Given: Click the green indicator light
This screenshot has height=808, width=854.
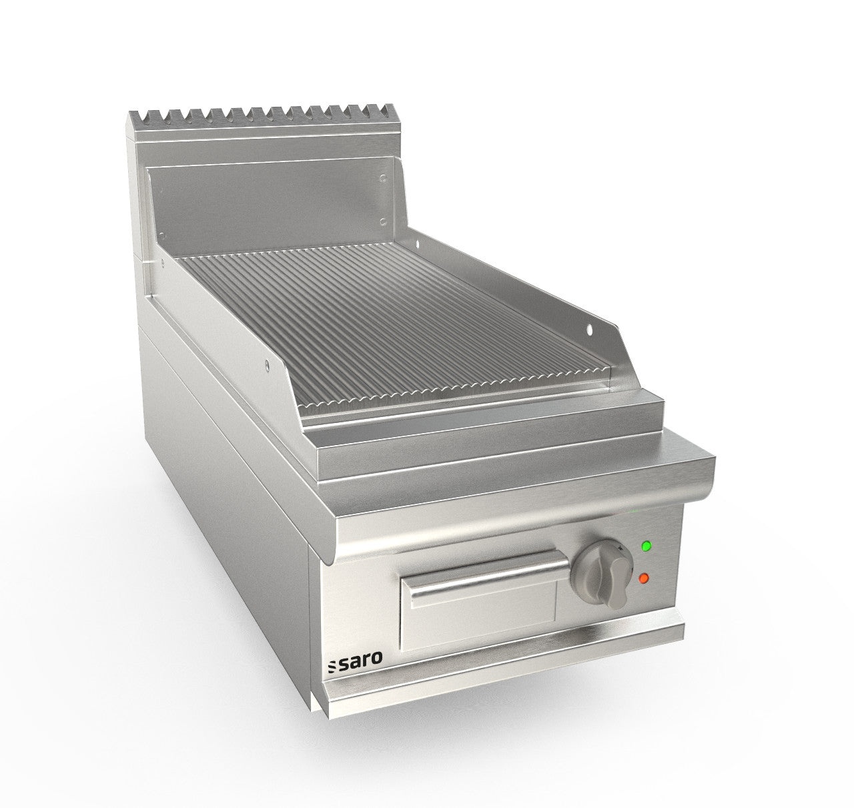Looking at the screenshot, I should [x=645, y=546].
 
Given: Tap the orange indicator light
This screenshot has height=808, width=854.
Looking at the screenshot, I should [x=644, y=578].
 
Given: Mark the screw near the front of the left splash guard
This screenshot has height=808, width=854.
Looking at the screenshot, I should [x=267, y=364].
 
